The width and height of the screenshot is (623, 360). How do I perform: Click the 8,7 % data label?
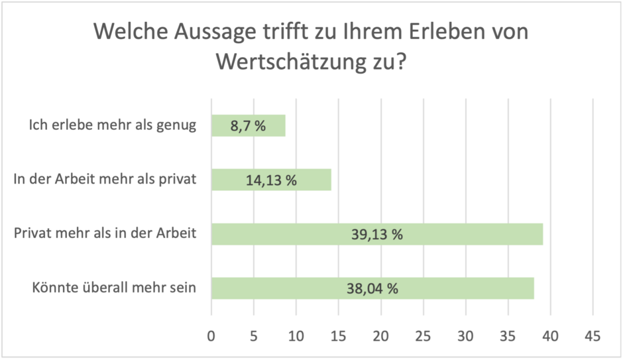249,126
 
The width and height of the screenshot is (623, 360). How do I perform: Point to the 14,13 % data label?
271,180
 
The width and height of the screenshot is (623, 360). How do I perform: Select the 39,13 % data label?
377,235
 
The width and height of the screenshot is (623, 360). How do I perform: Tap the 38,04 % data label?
372,288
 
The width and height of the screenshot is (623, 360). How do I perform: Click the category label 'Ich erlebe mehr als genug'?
113,125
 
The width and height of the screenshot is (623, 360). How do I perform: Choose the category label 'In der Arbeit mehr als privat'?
105,180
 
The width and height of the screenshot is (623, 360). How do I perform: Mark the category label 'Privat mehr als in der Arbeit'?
105,233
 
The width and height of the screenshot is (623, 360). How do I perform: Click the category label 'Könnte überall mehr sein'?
114,288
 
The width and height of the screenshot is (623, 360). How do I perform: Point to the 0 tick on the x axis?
211,336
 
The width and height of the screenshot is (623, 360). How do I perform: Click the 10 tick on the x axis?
296,336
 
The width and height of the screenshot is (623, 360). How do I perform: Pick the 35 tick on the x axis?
508,336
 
